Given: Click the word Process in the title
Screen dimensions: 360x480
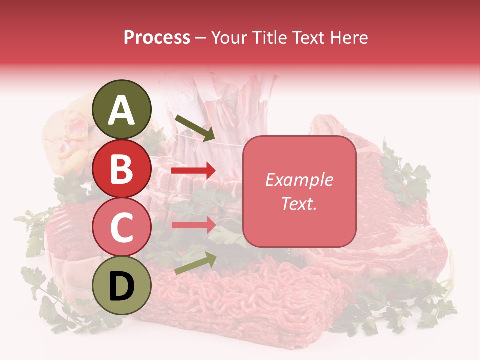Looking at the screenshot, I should (x=157, y=38).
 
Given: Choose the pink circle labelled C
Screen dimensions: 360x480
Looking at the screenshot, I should (x=122, y=227).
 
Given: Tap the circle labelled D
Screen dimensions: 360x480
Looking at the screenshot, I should (x=122, y=286).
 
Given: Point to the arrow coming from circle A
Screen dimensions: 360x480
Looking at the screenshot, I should (x=194, y=128).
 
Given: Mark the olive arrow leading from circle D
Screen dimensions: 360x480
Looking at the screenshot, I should (x=195, y=263).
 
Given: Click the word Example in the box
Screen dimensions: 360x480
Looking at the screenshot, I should (x=299, y=180).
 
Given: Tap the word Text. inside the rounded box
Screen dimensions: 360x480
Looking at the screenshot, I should (x=299, y=204).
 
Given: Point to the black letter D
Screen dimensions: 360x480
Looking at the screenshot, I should (x=122, y=287).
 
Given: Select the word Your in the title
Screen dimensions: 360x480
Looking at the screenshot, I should (x=229, y=38).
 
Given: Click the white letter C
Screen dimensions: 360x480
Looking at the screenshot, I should (x=122, y=228).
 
